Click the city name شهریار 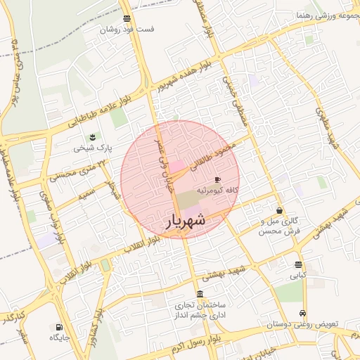coord(186,221)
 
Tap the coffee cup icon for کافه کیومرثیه coord(217,180)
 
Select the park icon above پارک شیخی coord(91,136)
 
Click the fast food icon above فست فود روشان coord(127,19)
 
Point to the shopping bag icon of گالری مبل coord(280,210)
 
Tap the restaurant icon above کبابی coord(299,265)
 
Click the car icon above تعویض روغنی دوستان coord(302,313)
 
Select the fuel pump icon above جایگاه coord(58,327)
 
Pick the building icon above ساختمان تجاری coord(200,295)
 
